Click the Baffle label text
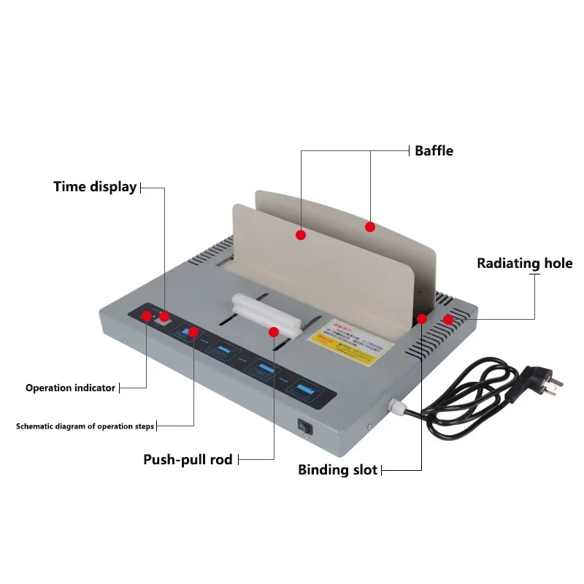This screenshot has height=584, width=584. coord(434,151)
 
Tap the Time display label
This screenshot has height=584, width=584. coord(95,187)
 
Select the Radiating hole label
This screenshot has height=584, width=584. coord(524,264)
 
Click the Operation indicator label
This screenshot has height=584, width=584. coord(70,388)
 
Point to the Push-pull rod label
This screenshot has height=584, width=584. coord(188,459)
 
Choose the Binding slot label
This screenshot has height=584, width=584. coord(337,469)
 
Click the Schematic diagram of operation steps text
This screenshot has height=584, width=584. coord(85,426)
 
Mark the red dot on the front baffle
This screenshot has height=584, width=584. coord(300,234)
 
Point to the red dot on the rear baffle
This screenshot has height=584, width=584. coord(370,227)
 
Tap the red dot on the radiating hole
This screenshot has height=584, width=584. coord(447,319)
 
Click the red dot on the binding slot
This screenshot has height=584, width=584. coord(422,319)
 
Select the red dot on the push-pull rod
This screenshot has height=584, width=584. coord(274,332)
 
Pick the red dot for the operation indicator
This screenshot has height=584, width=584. coord(147,316)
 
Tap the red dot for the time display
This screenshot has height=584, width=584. coord(164,316)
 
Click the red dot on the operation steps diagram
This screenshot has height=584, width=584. coord(193,332)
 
